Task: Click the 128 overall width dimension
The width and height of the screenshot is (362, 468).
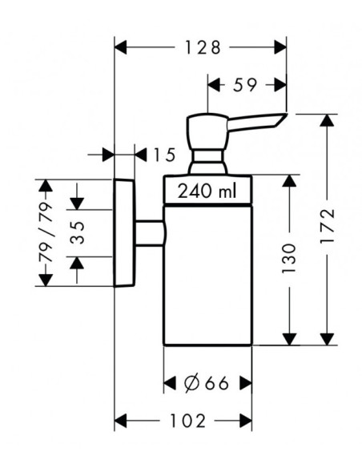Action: point(203,47)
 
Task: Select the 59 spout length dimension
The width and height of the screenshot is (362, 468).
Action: point(245,85)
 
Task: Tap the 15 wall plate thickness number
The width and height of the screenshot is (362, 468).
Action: point(163,155)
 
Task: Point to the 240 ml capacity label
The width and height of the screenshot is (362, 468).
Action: point(207,191)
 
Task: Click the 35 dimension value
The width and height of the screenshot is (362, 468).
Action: point(78,233)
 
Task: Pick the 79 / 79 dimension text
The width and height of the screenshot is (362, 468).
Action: point(46,232)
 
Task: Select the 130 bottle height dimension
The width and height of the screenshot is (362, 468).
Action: point(288,259)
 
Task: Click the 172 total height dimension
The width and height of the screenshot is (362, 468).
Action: point(327,226)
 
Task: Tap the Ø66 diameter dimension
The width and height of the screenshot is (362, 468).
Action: point(206,383)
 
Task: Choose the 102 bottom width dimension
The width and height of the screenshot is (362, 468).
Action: point(187,421)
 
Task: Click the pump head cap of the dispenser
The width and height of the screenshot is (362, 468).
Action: point(207,131)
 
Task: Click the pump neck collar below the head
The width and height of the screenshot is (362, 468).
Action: point(208,161)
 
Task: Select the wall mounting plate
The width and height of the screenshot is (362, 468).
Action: point(125,233)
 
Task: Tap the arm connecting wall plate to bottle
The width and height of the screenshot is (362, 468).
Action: point(151,233)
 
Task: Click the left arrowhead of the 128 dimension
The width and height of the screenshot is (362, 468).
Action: point(120,47)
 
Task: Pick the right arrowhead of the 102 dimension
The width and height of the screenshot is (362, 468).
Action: point(246,421)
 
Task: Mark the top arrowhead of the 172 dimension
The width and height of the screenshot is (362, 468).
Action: point(327,120)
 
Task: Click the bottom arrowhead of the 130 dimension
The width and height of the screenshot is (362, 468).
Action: point(288,339)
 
